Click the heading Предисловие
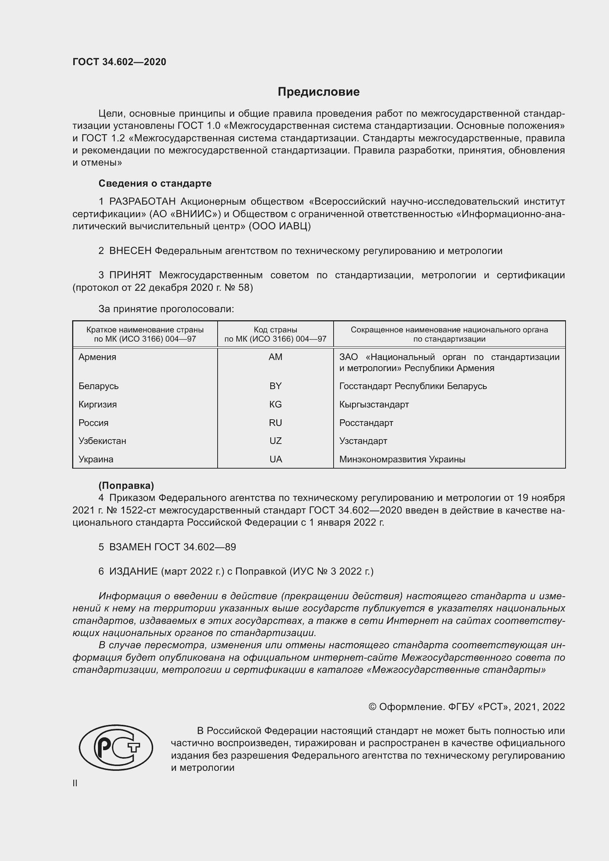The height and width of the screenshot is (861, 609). [318, 92]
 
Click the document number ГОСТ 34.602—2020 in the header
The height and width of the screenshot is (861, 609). [119, 62]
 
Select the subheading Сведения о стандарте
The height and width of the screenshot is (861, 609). [155, 183]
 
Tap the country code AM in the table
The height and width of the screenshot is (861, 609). [275, 357]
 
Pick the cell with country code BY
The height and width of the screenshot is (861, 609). [275, 386]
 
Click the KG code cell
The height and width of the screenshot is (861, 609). [275, 404]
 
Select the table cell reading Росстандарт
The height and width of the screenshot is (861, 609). [366, 423]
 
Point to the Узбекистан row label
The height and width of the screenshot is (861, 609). [102, 441]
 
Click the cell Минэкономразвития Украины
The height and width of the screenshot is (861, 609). [402, 459]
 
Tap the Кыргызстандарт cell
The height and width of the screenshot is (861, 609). [374, 404]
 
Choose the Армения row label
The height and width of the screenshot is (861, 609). [98, 357]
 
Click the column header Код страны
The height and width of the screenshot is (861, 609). [275, 330]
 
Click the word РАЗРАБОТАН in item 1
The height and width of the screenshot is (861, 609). [142, 202]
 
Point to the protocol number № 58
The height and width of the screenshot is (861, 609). [242, 287]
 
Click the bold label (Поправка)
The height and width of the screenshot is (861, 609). [126, 486]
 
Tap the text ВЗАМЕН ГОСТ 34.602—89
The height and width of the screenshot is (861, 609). [172, 547]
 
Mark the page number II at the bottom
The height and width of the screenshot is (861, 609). [75, 783]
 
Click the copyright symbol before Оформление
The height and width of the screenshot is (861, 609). [372, 707]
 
